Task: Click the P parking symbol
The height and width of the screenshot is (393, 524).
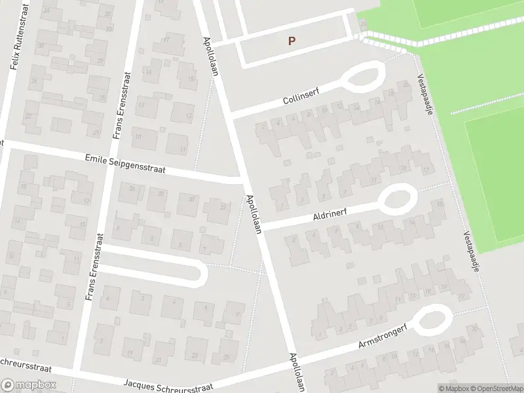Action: tap(291, 41)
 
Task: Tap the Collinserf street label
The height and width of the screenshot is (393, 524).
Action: tap(300, 99)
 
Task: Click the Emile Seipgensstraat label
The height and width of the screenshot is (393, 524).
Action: tap(125, 163)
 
